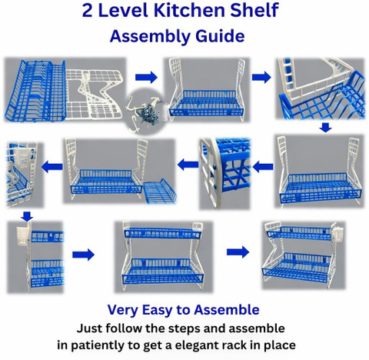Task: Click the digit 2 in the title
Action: [x=87, y=11]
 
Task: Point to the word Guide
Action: [x=220, y=36]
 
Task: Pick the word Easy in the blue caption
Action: [x=157, y=310]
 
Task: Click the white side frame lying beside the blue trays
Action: [x=94, y=95]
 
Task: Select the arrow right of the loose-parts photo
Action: [x=146, y=77]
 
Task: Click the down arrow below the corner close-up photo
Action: [x=326, y=127]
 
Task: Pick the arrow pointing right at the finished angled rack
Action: [x=238, y=252]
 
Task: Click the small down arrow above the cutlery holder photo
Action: [x=27, y=216]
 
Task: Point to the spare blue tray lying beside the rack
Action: [x=160, y=191]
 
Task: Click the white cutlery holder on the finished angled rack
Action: [x=340, y=233]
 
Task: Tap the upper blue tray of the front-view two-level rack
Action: [x=163, y=232]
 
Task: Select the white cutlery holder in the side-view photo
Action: [x=22, y=235]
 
